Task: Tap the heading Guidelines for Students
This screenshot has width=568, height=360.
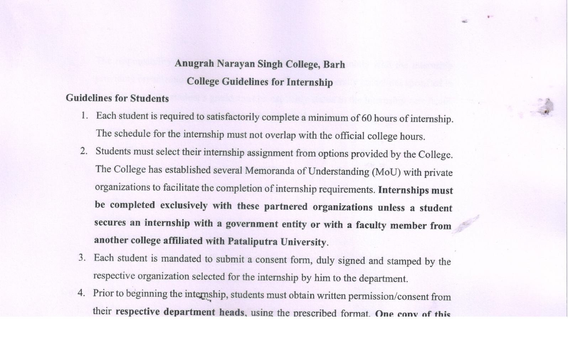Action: [x=117, y=98]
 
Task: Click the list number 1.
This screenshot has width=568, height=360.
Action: [x=84, y=115]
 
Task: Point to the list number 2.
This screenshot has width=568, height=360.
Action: [x=84, y=151]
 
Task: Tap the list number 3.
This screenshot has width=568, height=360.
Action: [x=82, y=258]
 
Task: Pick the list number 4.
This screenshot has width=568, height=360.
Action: [x=81, y=293]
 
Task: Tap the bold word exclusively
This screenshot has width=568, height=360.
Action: [x=184, y=206]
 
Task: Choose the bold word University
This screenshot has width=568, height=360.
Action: [x=303, y=242]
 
